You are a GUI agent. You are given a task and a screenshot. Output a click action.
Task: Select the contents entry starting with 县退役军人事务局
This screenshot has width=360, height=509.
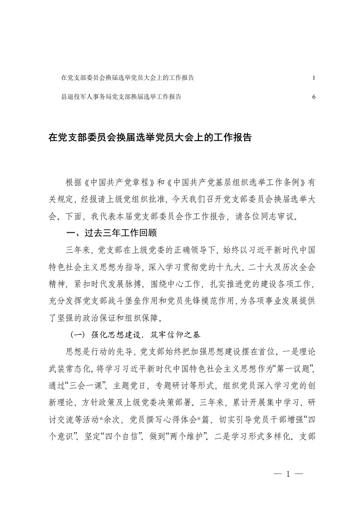(x=121, y=97)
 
